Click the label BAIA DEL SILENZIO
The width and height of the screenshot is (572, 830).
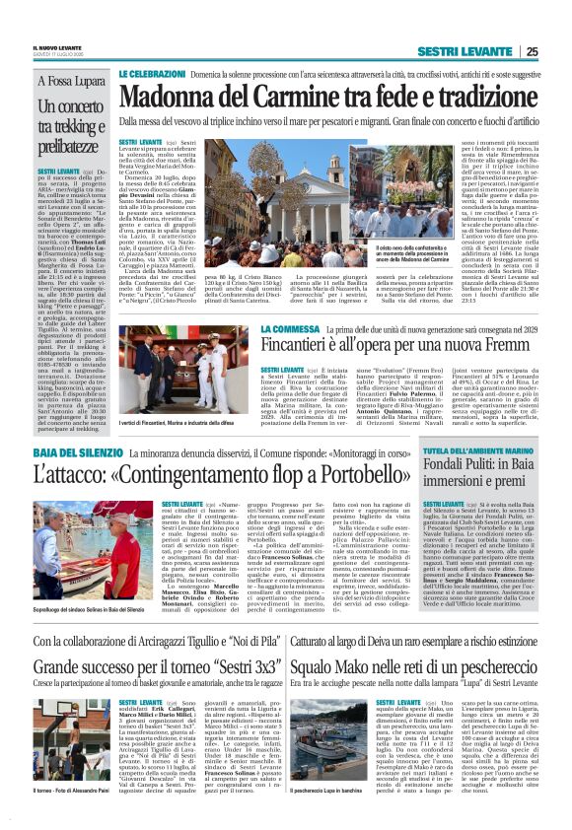pos(77,451)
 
